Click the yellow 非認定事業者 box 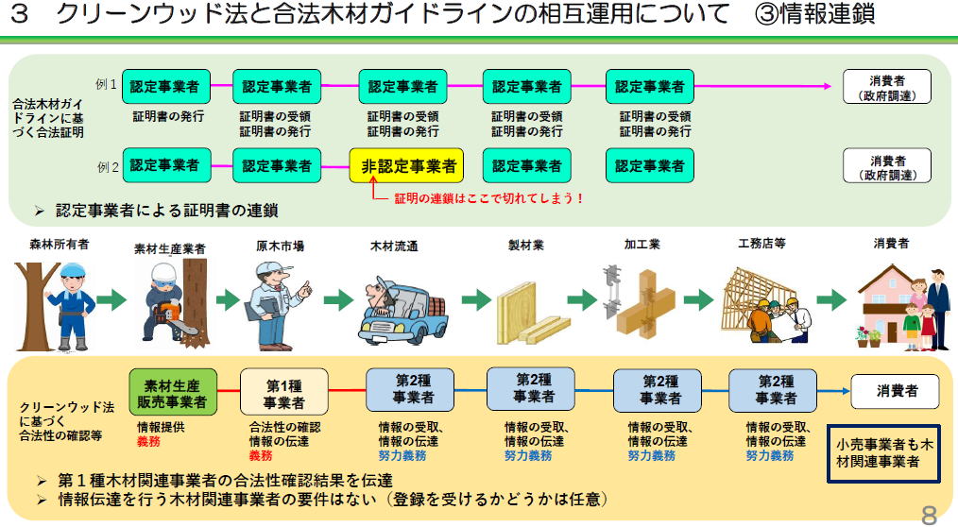405,166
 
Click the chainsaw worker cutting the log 173,297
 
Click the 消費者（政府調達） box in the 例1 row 887,88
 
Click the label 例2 106,167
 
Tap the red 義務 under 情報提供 148,441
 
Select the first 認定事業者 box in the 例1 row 164,87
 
